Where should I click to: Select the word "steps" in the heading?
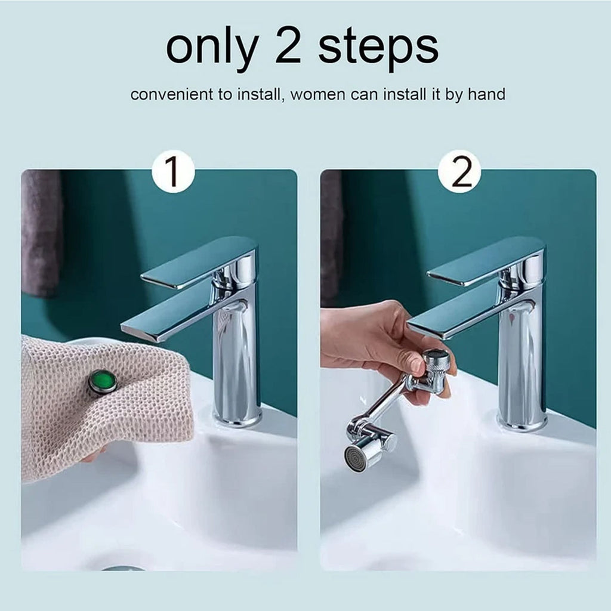378,48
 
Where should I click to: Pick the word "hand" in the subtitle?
486,94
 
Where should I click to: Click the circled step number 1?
173,171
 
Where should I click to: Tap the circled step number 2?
459,171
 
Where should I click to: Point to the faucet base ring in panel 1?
237,418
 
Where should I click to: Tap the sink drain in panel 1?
122,568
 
